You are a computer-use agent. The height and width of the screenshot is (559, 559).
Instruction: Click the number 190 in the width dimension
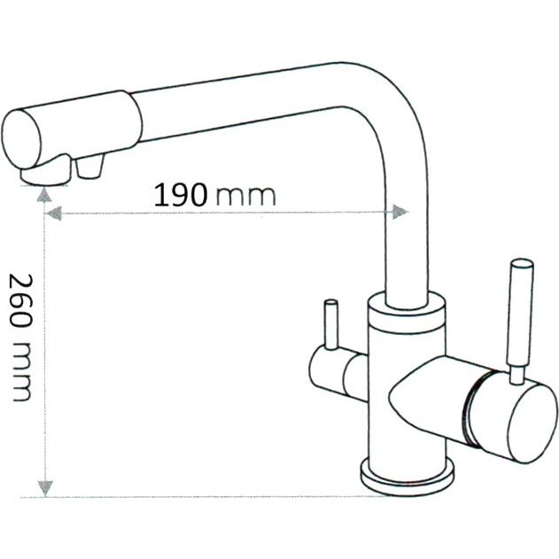point(181,195)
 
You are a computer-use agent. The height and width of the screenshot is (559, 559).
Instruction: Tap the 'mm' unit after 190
point(246,198)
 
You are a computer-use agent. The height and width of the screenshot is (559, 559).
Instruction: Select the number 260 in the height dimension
point(20,300)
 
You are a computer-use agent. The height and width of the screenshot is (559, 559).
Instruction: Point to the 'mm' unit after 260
point(21,371)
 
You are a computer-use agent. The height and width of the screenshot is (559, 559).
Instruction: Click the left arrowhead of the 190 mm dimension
point(54,214)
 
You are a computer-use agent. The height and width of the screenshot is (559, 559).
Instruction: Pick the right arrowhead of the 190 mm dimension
point(400,212)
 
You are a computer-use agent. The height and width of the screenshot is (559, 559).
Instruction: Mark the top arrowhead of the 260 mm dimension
point(44,195)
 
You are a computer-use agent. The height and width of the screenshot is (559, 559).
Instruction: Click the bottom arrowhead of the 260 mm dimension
point(45,488)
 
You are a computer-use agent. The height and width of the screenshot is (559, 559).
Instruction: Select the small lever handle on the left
point(331,325)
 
